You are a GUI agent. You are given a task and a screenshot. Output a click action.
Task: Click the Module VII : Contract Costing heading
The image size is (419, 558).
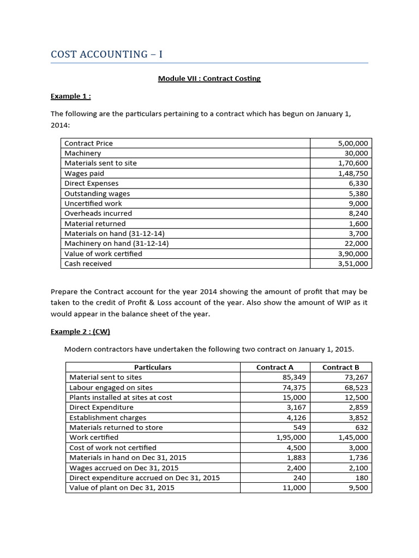pyautogui.click(x=209, y=78)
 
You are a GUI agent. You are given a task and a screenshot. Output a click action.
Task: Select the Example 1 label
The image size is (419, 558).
pyautogui.click(x=70, y=96)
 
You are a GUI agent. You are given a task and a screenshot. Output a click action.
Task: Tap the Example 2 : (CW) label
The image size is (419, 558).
pyautogui.click(x=80, y=331)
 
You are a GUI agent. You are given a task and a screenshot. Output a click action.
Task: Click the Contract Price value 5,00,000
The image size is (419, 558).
pyautogui.click(x=354, y=143)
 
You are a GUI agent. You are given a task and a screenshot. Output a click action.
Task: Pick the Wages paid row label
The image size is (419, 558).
pyautogui.click(x=84, y=173)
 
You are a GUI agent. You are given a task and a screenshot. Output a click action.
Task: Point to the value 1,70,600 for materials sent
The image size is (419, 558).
pyautogui.click(x=354, y=163)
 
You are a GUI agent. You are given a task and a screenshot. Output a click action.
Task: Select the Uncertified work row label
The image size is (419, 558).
pyautogui.click(x=93, y=203)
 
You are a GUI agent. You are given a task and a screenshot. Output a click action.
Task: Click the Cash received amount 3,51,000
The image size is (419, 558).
pyautogui.click(x=354, y=264)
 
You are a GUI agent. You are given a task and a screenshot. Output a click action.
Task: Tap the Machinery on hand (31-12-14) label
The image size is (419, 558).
pyautogui.click(x=116, y=244)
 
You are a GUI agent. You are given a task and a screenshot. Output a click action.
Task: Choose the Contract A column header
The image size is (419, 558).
pyautogui.click(x=275, y=367)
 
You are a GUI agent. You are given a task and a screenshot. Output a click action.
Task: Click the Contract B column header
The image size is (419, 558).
pyautogui.click(x=340, y=367)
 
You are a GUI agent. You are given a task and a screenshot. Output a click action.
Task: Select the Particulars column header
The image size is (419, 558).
pyautogui.click(x=152, y=367)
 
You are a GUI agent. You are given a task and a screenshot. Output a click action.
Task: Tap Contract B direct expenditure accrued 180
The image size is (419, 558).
pyautogui.click(x=362, y=478)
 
